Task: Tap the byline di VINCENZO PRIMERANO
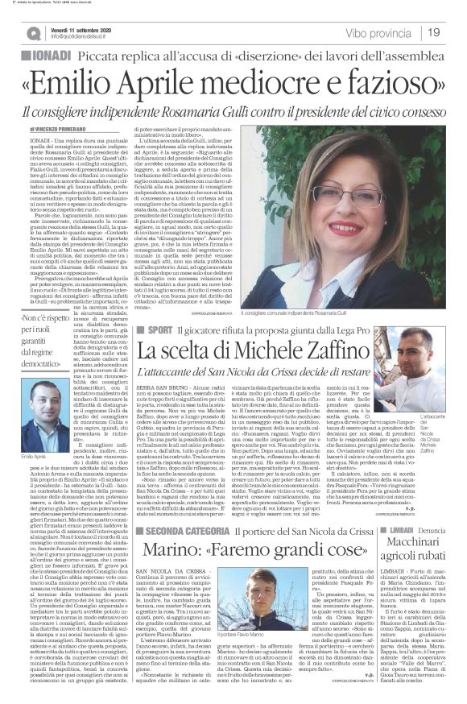(60, 129)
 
